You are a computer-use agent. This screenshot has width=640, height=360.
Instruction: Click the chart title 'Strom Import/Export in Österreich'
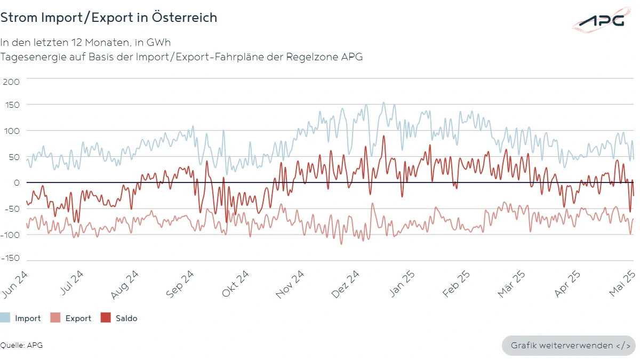click(109, 18)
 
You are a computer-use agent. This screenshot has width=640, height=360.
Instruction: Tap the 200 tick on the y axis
click(11, 82)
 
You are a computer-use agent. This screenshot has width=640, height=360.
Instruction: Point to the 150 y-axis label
click(11, 105)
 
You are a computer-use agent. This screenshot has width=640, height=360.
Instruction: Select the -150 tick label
click(10, 258)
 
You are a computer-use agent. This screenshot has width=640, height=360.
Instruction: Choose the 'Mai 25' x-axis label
click(623, 283)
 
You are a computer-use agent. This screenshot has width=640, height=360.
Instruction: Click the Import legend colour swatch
click(5, 318)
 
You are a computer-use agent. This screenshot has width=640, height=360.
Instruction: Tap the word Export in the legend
click(78, 318)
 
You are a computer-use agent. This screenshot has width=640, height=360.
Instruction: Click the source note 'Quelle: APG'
click(21, 345)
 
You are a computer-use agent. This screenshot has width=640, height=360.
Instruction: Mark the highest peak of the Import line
click(383, 102)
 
